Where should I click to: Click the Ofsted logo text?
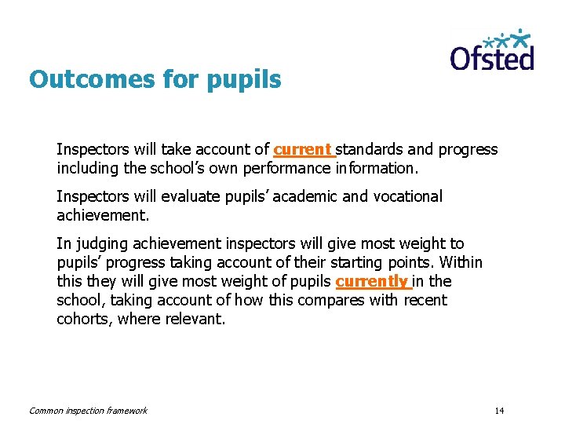pyautogui.click(x=492, y=58)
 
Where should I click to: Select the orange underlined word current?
pyautogui.click(x=302, y=149)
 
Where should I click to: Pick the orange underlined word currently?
pyautogui.click(x=371, y=281)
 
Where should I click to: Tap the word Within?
pyautogui.click(x=460, y=262)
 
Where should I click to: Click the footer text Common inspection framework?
pyautogui.click(x=88, y=411)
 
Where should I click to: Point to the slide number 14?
pyautogui.click(x=500, y=411)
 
